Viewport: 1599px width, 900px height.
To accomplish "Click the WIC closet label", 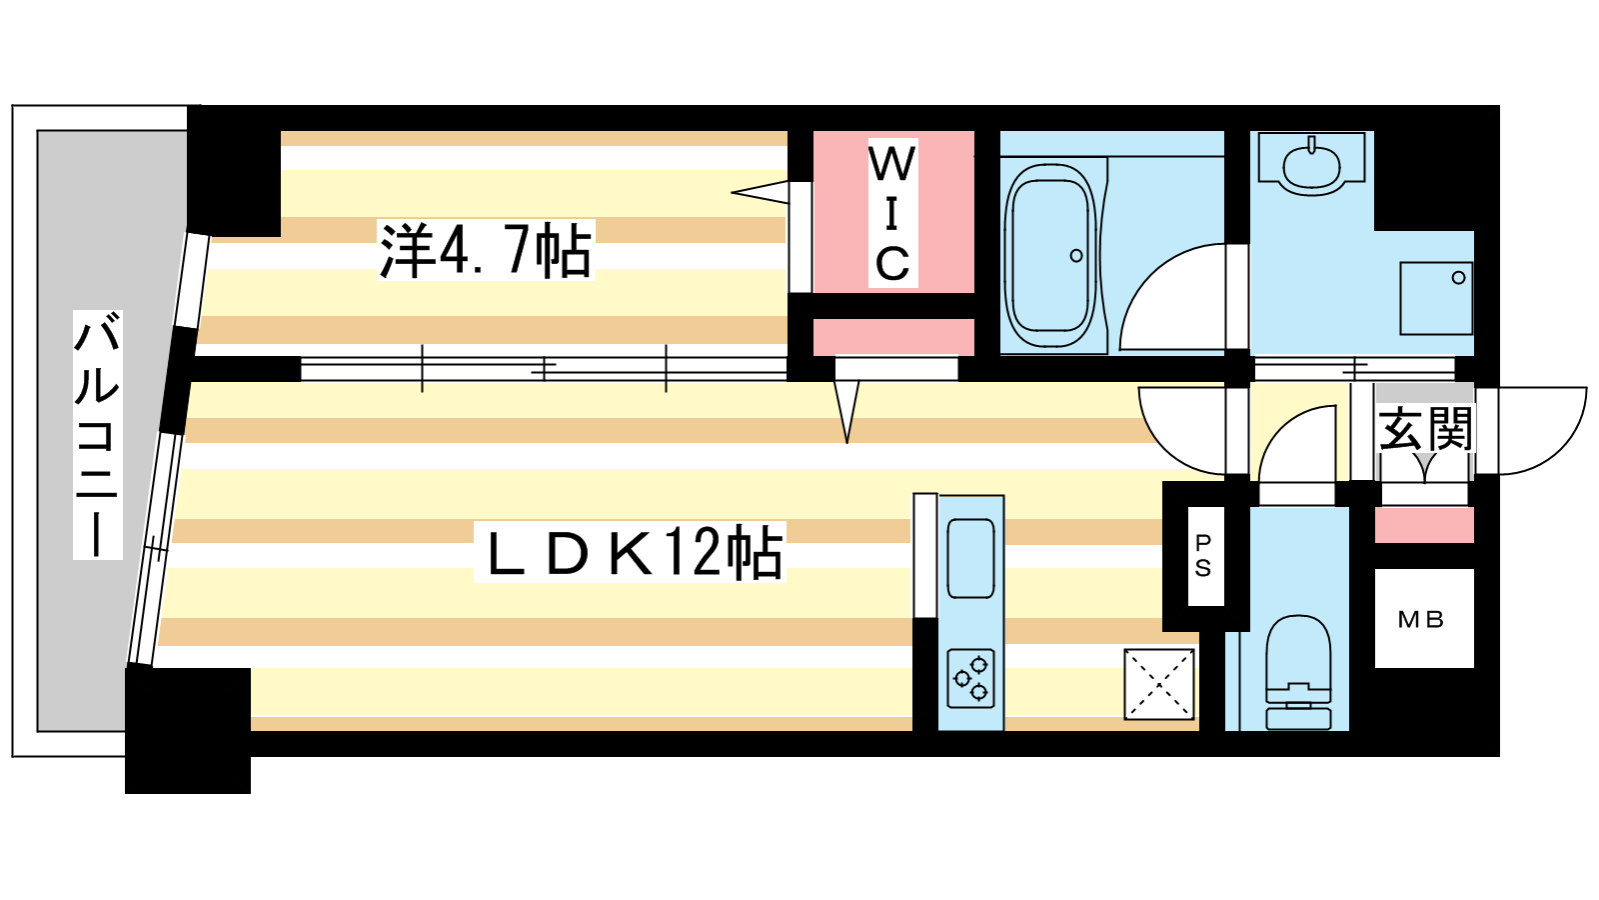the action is pyautogui.click(x=892, y=213).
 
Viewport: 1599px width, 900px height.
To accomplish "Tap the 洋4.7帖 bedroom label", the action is pyautogui.click(x=486, y=251).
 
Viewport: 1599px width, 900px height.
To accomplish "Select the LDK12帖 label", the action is pyautogui.click(x=630, y=551).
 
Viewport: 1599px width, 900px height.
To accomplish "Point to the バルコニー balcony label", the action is pyautogui.click(x=98, y=434).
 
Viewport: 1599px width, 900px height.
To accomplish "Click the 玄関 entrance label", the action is pyautogui.click(x=1425, y=429).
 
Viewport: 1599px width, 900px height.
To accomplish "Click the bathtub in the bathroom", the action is pyautogui.click(x=1050, y=256).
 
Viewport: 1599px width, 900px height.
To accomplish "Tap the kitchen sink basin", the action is pyautogui.click(x=970, y=558).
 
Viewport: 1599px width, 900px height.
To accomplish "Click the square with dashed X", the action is pyautogui.click(x=1159, y=684).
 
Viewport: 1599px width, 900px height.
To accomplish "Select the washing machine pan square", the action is pyautogui.click(x=1436, y=299).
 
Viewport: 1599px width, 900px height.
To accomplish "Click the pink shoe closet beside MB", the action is pyautogui.click(x=1424, y=525).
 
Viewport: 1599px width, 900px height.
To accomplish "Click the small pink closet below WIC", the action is pyautogui.click(x=893, y=337).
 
